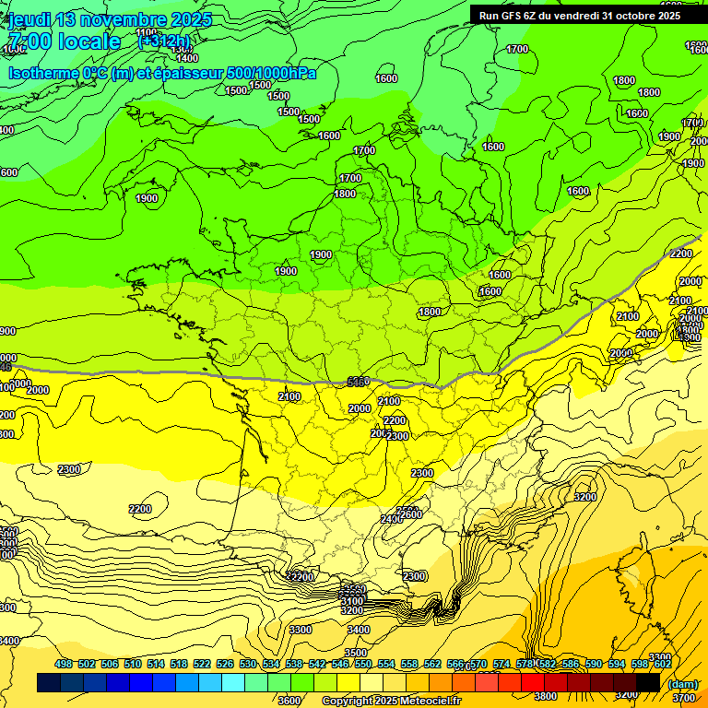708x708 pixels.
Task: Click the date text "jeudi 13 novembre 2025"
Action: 110,19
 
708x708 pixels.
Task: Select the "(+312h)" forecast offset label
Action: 164,41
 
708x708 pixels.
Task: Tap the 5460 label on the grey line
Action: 359,381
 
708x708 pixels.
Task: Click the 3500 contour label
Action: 356,653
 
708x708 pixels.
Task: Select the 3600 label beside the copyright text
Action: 289,701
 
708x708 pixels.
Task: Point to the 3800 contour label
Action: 546,696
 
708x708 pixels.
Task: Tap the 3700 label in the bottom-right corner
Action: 683,699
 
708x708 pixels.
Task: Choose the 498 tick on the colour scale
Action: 64,664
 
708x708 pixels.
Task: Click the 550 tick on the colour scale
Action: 363,664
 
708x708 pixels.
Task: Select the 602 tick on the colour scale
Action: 662,664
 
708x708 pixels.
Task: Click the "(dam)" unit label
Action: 682,683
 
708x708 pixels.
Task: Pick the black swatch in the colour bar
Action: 648,682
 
